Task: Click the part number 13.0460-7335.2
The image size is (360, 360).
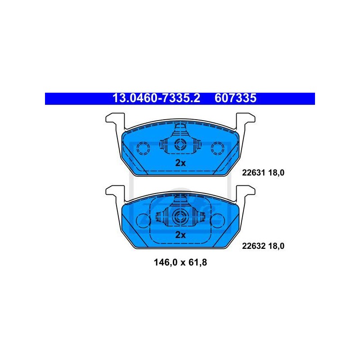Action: (156, 98)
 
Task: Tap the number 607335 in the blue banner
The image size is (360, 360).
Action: (235, 98)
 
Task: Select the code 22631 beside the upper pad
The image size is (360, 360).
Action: (254, 172)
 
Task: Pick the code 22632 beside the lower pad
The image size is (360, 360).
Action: (254, 246)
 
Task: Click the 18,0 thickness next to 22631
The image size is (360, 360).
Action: (276, 173)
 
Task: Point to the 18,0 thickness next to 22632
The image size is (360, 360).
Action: (276, 246)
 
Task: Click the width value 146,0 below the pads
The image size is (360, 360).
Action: (165, 262)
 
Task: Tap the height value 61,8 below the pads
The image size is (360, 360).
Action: (198, 262)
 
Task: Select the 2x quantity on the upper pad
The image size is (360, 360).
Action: (180, 163)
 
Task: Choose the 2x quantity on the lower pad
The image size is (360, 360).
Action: (180, 235)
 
